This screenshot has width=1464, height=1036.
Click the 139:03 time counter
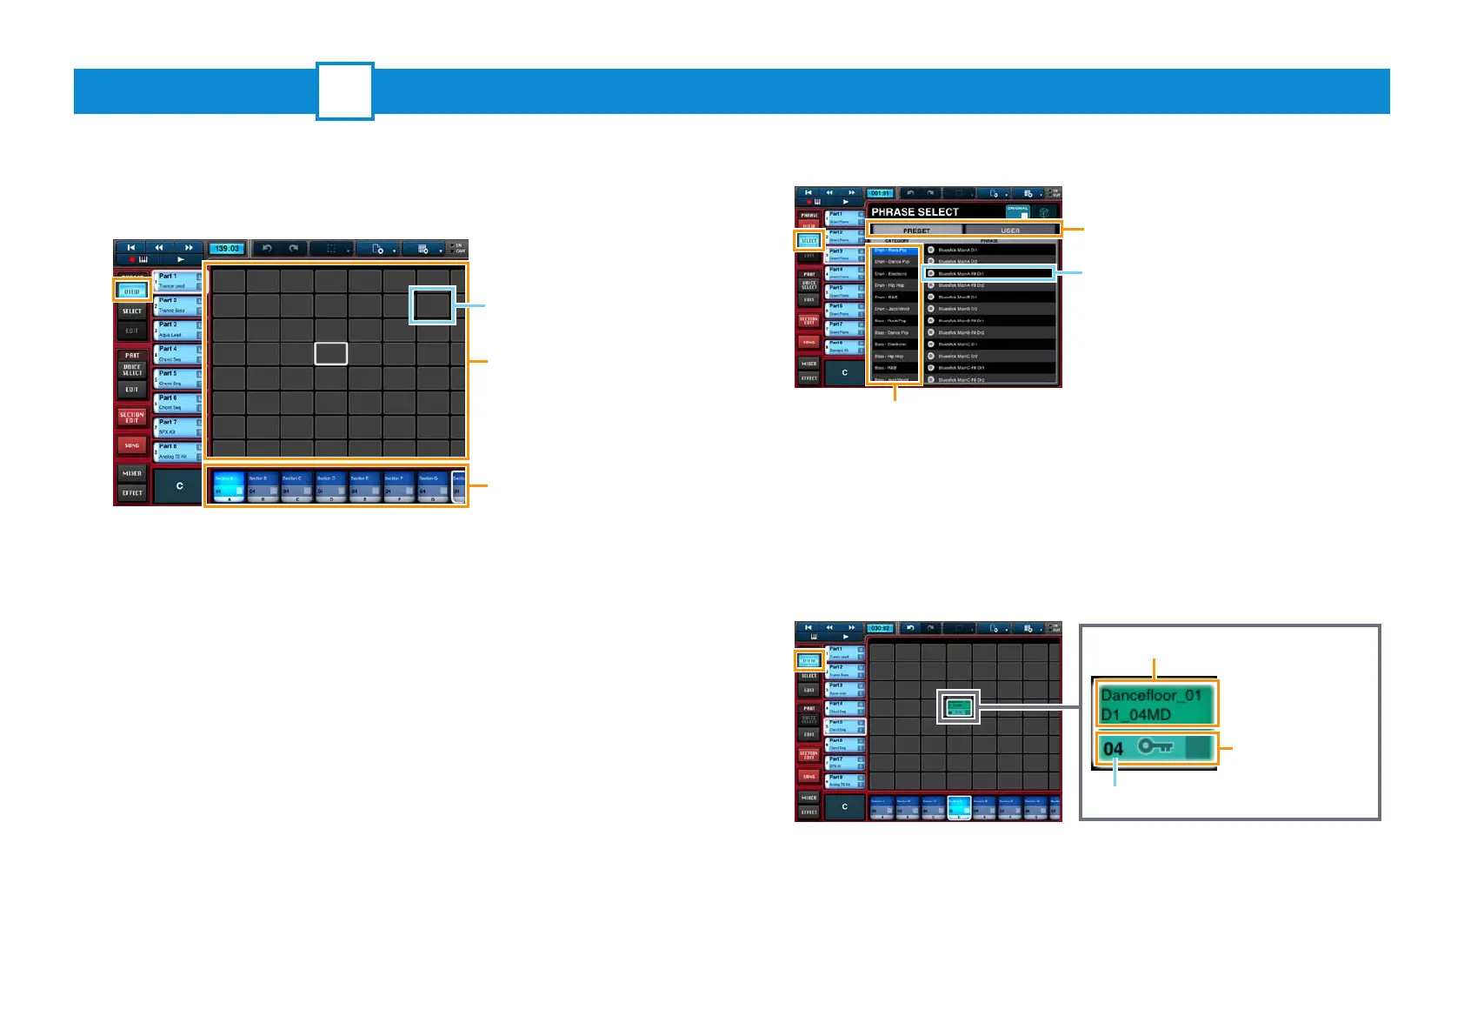click(x=227, y=249)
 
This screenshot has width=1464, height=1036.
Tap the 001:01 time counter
click(x=880, y=193)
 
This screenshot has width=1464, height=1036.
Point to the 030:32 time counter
click(x=880, y=628)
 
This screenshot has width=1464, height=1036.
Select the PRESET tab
click(x=916, y=231)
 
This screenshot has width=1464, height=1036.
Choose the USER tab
click(x=1010, y=231)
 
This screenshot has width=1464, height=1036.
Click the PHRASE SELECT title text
click(x=915, y=212)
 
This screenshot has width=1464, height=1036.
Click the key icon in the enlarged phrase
click(x=1155, y=747)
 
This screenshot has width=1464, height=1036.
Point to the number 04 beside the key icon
click(x=1113, y=749)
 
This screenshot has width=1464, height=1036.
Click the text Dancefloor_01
click(x=1151, y=695)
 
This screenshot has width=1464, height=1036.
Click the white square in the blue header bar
click(x=345, y=91)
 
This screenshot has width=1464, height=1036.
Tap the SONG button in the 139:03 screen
click(x=132, y=445)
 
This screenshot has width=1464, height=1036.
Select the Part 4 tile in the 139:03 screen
click(x=177, y=353)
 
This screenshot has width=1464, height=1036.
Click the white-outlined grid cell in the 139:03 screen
click(x=330, y=353)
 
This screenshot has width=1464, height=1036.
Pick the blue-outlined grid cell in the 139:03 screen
click(x=432, y=305)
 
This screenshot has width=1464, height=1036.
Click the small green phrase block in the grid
click(x=959, y=707)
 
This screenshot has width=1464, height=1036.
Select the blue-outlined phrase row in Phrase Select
click(x=989, y=273)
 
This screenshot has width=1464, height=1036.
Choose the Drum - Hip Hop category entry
click(x=892, y=285)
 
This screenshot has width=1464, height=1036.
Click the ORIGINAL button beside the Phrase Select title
click(x=1018, y=211)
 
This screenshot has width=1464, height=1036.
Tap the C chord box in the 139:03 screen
click(x=179, y=486)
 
